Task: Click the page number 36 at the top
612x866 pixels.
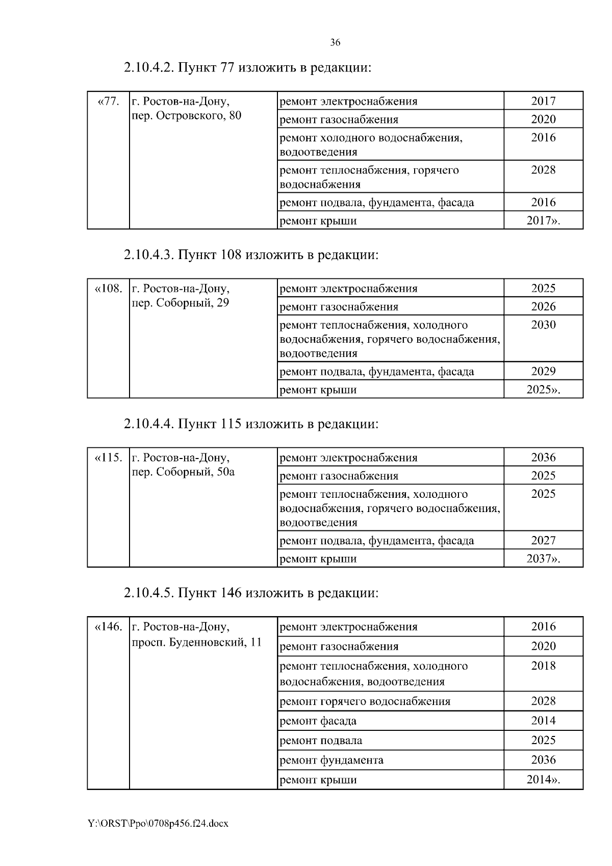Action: click(335, 43)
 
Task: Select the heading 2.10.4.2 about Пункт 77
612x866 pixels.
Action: click(247, 67)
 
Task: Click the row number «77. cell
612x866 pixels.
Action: click(108, 101)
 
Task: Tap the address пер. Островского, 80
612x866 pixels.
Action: click(187, 116)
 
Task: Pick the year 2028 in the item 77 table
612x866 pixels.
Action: click(543, 170)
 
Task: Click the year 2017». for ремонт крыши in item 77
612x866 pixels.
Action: click(543, 221)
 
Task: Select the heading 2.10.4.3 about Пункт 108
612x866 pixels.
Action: click(251, 254)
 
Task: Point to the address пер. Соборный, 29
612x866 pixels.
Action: click(181, 303)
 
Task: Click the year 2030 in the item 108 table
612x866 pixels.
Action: click(543, 325)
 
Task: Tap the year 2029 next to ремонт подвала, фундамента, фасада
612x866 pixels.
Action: click(543, 371)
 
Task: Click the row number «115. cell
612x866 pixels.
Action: click(108, 457)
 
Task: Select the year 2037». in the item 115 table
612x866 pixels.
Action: click(543, 558)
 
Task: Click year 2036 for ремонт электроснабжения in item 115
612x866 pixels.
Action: click(543, 457)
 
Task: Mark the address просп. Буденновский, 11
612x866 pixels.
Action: click(197, 642)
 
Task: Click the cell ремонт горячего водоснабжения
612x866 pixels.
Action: click(365, 701)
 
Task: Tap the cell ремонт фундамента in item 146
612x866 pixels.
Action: click(331, 760)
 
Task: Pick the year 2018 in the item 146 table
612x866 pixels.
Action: click(543, 666)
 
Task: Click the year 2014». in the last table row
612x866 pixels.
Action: click(543, 779)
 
